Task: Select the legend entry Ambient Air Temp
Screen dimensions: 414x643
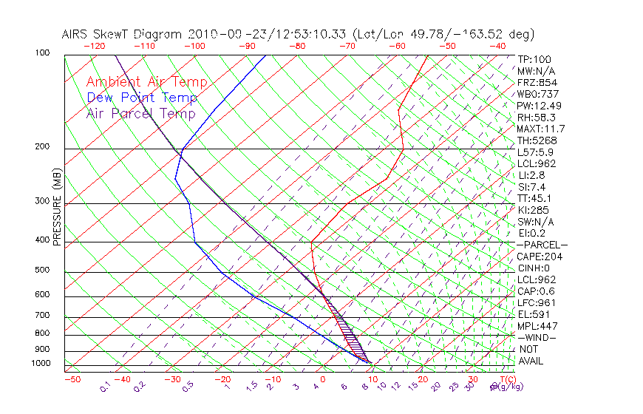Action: (x=146, y=83)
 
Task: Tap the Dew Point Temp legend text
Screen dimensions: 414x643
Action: (x=141, y=98)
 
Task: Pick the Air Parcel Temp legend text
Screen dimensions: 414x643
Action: (x=140, y=114)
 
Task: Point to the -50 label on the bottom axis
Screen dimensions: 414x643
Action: (x=72, y=379)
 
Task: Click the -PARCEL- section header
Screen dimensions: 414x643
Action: (x=542, y=245)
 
